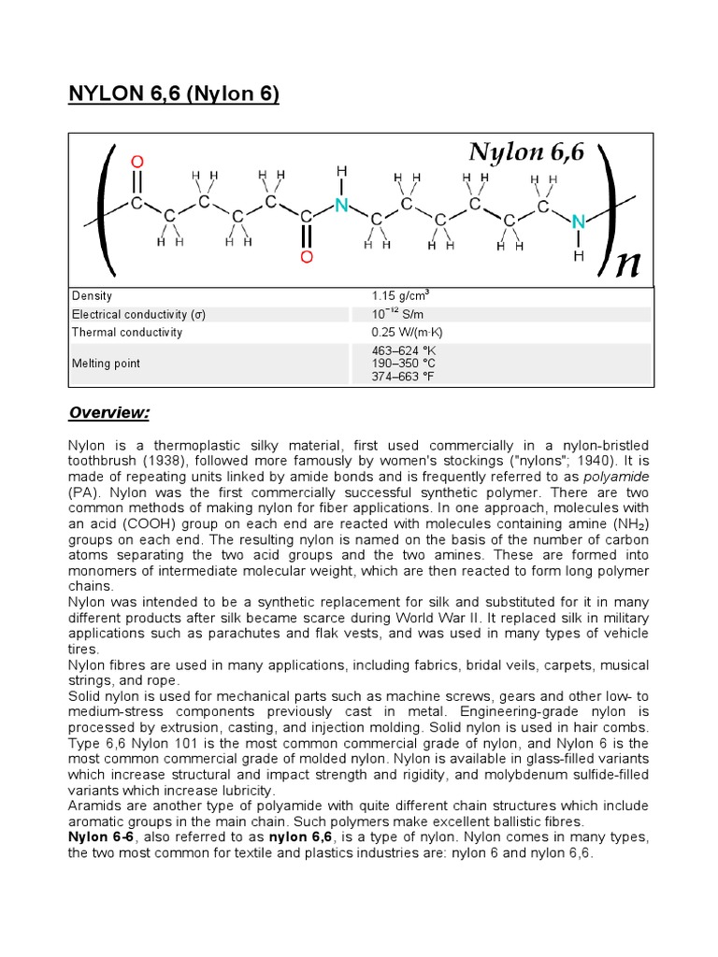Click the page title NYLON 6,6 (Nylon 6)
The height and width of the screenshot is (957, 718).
tap(174, 95)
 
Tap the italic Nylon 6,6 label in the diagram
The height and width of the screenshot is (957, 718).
tap(527, 152)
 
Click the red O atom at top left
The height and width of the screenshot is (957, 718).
tap(138, 162)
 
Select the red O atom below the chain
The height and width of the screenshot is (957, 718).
tap(306, 256)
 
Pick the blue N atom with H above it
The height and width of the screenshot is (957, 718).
tap(341, 204)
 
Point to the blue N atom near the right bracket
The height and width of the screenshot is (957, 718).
tap(578, 221)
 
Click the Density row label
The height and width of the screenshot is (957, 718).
tap(92, 295)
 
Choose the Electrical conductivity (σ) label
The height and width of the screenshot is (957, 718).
tap(138, 314)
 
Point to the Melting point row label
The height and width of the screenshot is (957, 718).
tap(106, 363)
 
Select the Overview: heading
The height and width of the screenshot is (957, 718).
tap(109, 412)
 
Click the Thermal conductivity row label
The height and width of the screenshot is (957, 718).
tap(127, 333)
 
